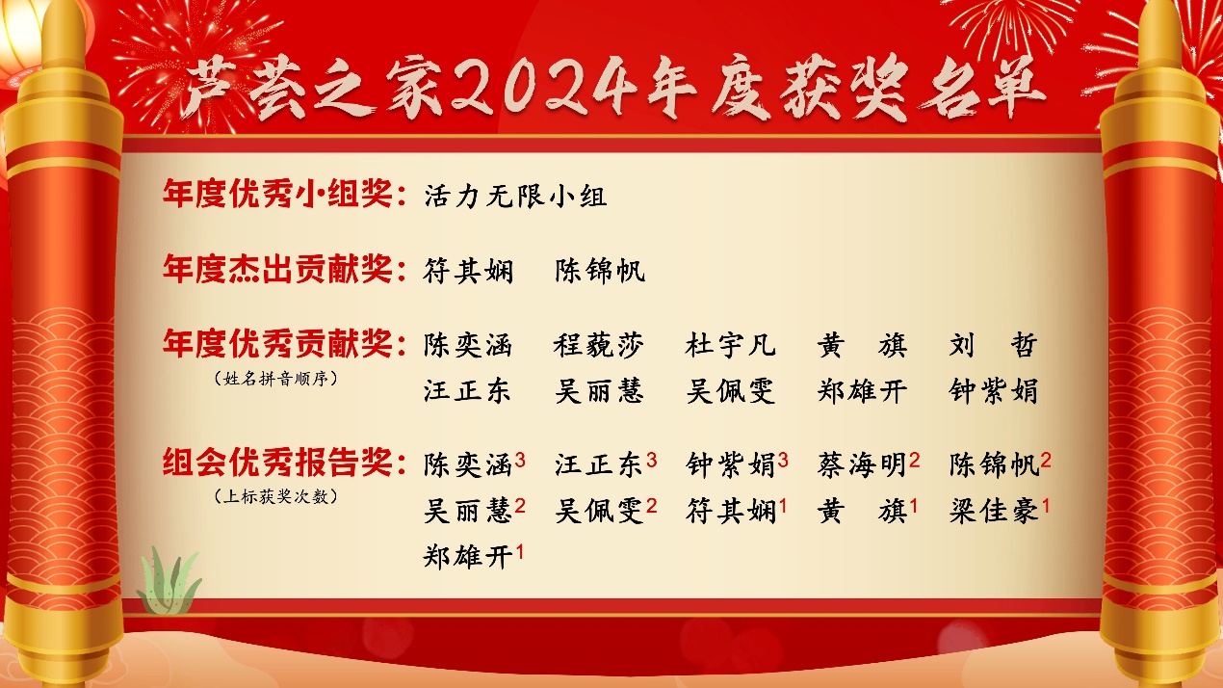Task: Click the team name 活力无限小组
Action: coord(515,197)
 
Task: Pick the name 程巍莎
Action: coord(599,345)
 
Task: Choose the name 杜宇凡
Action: coord(731,345)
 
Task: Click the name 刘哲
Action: coord(993,345)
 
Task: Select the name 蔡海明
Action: coord(862,465)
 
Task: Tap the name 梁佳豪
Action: coord(994,511)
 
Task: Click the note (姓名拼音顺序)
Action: coord(275,378)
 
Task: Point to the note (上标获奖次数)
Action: coord(275,496)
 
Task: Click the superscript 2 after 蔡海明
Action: coord(915,461)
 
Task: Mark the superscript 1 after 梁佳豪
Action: coord(1046,506)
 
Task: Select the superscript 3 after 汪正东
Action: coord(651,461)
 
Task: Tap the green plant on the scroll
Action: coord(169,580)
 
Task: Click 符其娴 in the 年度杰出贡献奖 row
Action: coord(468,271)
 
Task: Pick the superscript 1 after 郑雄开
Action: coord(519,552)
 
